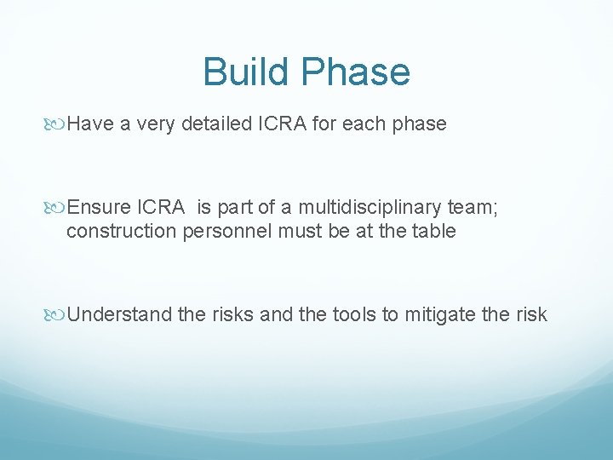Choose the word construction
(x=118, y=231)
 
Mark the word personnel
(x=223, y=231)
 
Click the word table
(x=435, y=231)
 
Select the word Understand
(x=120, y=315)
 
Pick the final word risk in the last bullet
(x=531, y=315)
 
